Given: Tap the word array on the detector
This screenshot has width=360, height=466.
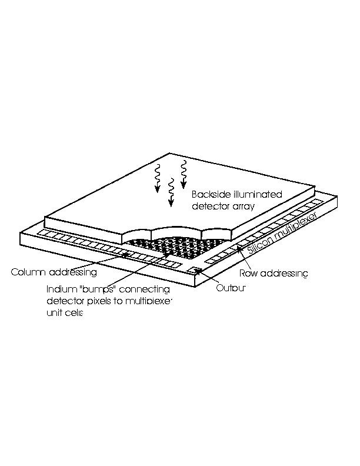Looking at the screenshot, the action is coord(244,206).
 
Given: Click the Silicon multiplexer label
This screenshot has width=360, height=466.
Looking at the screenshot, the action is coord(282,232).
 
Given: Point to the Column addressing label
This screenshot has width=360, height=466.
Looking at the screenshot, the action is coord(54,272).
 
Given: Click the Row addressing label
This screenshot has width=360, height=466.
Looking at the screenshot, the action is coord(274,273).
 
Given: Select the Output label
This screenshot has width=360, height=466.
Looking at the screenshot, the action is coord(231,288).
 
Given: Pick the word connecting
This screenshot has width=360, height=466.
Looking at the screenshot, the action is coord(144,289).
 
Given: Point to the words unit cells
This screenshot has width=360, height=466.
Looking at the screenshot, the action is coord(65,312).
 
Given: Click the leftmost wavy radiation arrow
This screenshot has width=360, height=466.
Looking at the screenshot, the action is coord(158,178).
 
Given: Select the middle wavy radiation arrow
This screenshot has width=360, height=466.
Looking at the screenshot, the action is coord(171,192).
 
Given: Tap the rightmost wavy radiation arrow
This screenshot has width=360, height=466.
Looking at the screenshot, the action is coord(184,174).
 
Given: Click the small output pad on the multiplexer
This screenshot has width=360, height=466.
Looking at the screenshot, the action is coord(195,270).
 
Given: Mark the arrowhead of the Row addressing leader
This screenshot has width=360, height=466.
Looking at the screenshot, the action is coord(238,247).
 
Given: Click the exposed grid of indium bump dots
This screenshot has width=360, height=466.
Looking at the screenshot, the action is coord(175,247).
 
